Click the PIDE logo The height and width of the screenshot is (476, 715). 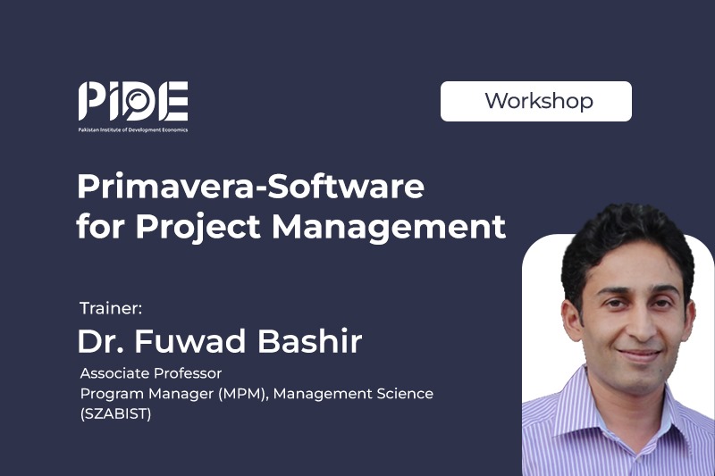[132, 106]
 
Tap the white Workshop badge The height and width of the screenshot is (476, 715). [535, 101]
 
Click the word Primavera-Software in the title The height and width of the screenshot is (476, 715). [251, 187]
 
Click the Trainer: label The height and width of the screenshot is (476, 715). [111, 308]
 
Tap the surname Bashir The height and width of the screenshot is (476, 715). [310, 341]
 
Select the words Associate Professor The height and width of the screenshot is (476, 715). [151, 373]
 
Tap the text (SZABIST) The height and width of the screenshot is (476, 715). [115, 413]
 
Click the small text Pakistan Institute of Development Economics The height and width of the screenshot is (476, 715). [132, 129]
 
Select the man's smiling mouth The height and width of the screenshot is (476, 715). [639, 355]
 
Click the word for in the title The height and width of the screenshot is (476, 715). [99, 225]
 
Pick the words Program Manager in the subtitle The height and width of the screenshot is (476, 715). [147, 394]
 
